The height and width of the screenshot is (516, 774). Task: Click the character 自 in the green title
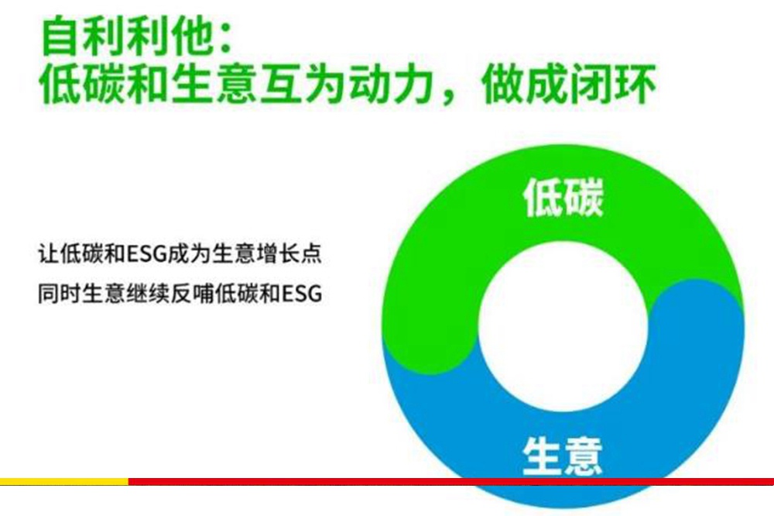pos(60,36)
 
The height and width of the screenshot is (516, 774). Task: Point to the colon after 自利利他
pos(226,40)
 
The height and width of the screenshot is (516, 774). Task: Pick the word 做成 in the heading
pos(522,84)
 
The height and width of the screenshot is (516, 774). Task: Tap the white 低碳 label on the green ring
pos(563,198)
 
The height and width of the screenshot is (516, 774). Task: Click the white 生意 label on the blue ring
pos(562,456)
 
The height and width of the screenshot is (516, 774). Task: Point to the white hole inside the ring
pos(563,327)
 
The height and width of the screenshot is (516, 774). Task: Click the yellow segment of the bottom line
pos(64,481)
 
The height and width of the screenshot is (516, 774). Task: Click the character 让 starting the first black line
pos(48,253)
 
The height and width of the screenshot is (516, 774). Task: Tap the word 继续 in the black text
pos(147,293)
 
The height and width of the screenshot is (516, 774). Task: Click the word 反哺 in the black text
pos(191,293)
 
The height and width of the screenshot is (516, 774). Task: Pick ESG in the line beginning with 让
pos(146,254)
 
